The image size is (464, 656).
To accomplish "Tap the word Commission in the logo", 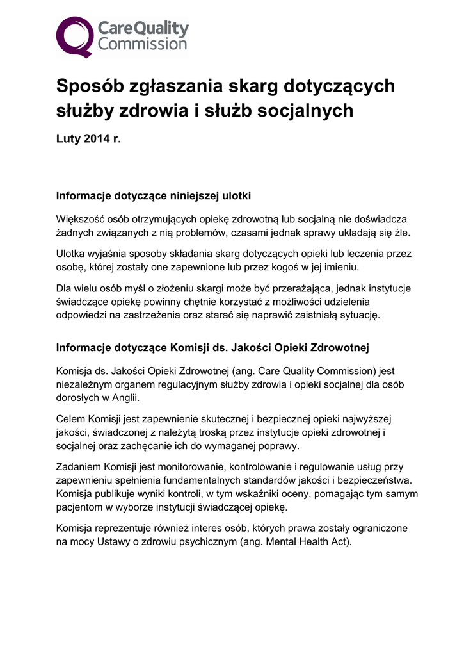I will coord(142,44).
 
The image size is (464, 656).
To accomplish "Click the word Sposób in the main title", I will coord(85,86).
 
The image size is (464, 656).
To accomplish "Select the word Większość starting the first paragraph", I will coord(83,219).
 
